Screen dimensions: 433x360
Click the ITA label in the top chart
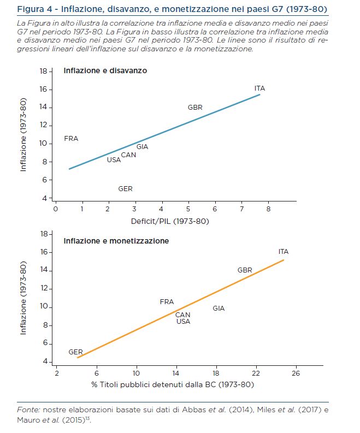pos(259,88)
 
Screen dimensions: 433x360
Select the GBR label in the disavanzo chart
pos(195,108)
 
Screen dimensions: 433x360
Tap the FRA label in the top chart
pos(71,139)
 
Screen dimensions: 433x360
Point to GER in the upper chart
pos(125,189)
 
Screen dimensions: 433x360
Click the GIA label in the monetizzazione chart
pos(219,309)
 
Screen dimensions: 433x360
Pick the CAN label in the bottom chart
pos(182,315)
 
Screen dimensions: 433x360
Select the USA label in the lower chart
pos(183,322)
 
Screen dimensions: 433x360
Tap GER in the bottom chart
pos(75,352)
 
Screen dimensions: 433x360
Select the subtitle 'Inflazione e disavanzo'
pos(105,70)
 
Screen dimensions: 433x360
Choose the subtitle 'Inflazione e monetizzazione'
pos(116,241)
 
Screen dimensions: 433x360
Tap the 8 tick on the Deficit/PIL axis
pos(268,209)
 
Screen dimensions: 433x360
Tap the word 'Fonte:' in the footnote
pos(29,410)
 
